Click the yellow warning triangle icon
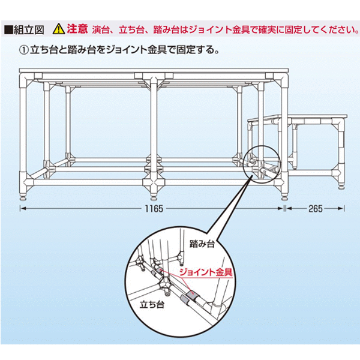(59, 29)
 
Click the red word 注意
(77, 29)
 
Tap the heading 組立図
(29, 30)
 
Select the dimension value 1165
(154, 209)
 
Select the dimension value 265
(316, 209)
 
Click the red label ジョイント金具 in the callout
(206, 272)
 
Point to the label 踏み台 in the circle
(202, 244)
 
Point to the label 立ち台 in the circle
(152, 305)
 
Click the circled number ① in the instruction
(24, 50)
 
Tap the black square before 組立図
(9, 30)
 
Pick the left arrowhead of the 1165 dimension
(23, 209)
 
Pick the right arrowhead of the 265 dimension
(341, 209)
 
